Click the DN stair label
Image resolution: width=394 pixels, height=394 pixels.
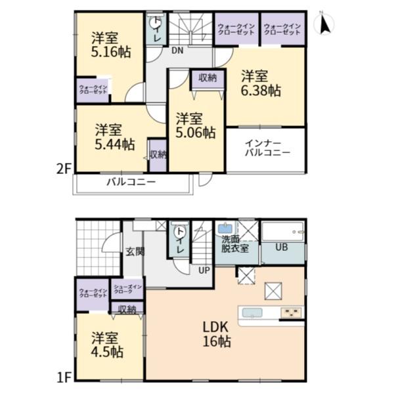177,50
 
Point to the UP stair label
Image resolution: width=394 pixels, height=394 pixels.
204,269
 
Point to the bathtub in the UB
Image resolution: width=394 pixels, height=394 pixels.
283,231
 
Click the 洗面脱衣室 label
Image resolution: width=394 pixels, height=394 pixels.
235,243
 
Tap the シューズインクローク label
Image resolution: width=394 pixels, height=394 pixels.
123,289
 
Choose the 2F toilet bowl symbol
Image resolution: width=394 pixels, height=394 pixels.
156,24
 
